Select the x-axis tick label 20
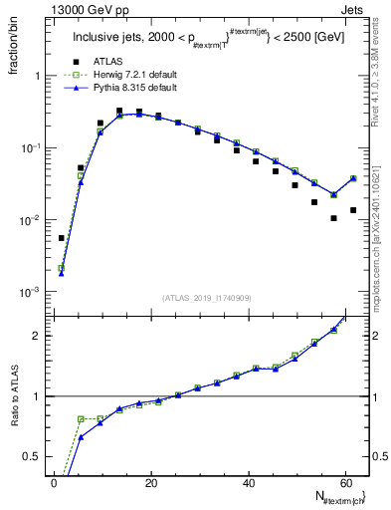point(151,482)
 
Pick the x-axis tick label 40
point(249,482)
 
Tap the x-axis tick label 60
point(345,482)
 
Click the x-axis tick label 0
point(55,482)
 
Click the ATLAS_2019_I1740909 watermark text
point(206,298)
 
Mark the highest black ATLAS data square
point(119,112)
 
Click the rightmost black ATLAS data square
point(353,210)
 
